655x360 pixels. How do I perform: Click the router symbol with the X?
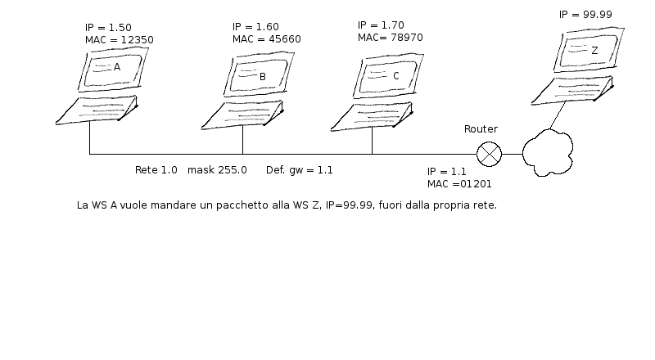pos(489,154)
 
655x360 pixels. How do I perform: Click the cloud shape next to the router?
pos(548,152)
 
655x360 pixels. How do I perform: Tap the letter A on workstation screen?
pos(117,67)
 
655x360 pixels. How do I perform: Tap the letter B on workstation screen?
pos(263,77)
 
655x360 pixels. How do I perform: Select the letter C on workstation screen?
pos(396,76)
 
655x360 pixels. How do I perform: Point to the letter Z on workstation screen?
pos(595,51)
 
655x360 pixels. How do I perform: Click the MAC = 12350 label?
pos(119,40)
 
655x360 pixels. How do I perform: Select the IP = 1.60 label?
pos(255,27)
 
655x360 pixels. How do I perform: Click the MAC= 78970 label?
pos(391,38)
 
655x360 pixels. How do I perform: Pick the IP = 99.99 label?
pos(585,15)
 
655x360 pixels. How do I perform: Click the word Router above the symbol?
pos(481,129)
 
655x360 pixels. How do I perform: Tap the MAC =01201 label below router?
pos(459,184)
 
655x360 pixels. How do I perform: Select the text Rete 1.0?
pos(156,170)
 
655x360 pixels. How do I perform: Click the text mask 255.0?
pos(217,170)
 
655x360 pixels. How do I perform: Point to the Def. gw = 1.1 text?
pos(300,170)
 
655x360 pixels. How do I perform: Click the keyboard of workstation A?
pos(97,110)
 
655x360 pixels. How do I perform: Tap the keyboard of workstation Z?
pos(572,90)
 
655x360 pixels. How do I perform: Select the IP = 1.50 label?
pos(108,28)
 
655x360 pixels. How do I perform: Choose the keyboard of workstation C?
pos(372,116)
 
